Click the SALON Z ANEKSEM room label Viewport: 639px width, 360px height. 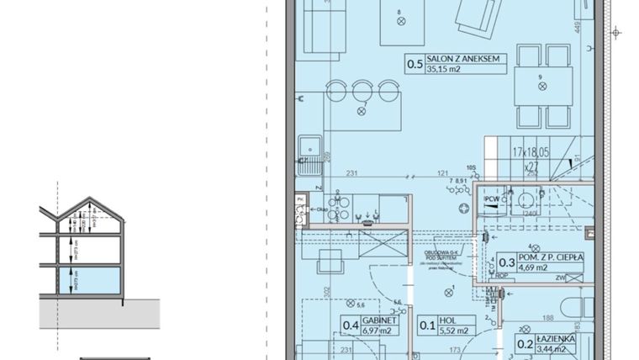click(x=463, y=57)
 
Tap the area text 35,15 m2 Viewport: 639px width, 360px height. click(x=445, y=70)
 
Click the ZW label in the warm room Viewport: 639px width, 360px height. click(x=561, y=276)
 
